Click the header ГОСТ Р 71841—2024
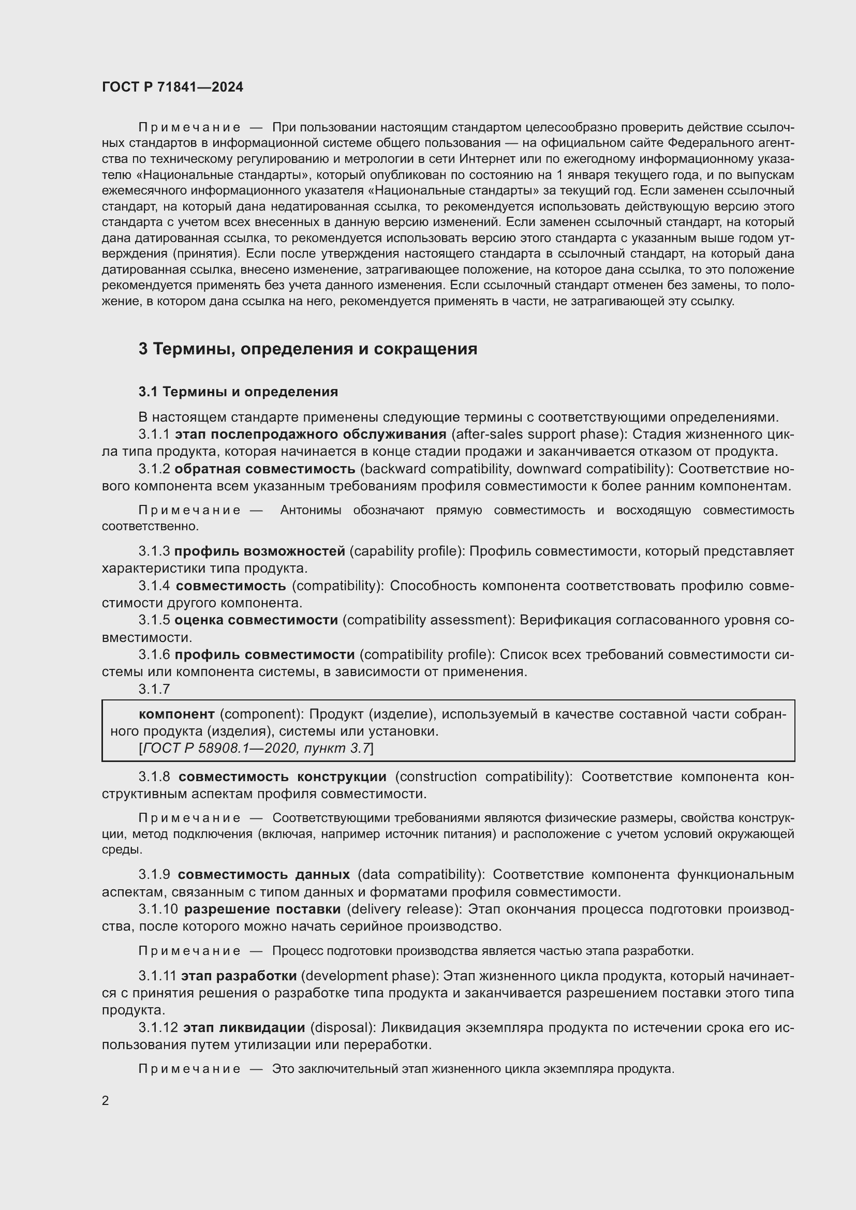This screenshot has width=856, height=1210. tap(172, 87)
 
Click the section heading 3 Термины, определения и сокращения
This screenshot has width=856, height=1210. tap(308, 349)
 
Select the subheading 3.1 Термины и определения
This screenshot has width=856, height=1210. tap(238, 392)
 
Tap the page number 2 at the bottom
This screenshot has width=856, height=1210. tap(106, 1100)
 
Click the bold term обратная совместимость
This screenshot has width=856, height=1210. tap(264, 469)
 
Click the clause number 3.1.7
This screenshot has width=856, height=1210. tap(154, 689)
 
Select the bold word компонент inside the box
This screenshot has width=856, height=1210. tap(176, 714)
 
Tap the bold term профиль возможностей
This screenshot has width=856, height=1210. tap(259, 551)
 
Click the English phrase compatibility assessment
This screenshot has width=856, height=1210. tap(429, 620)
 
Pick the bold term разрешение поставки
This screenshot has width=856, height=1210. tap(262, 909)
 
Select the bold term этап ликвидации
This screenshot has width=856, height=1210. tap(244, 1027)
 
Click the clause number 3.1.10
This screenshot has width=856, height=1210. tap(158, 909)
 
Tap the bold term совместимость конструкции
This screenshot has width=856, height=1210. tap(282, 776)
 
